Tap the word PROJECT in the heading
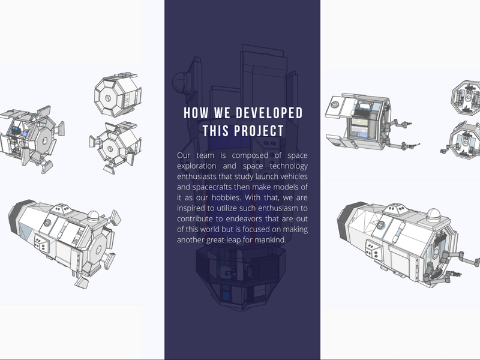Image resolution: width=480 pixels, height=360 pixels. pyautogui.click(x=259, y=131)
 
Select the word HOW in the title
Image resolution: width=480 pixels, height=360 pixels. pyautogui.click(x=196, y=113)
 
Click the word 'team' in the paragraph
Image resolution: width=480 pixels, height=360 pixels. pyautogui.click(x=205, y=155)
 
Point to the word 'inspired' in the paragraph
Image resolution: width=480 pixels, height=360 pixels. pyautogui.click(x=191, y=208)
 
